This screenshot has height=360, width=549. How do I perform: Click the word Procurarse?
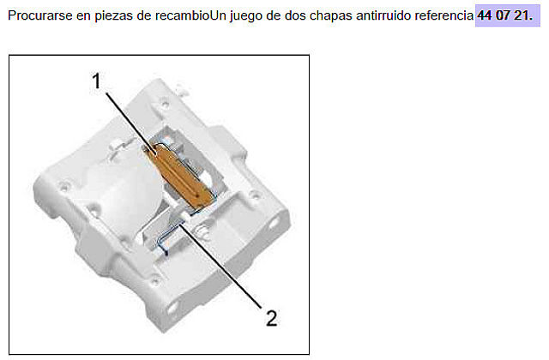(x=39, y=15)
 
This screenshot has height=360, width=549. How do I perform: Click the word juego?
(x=246, y=16)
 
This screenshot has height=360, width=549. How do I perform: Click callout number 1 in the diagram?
(x=96, y=81)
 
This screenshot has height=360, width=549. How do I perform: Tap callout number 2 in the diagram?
(x=271, y=318)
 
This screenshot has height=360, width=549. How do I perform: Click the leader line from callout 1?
(x=130, y=123)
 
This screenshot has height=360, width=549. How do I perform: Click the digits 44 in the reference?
(x=485, y=15)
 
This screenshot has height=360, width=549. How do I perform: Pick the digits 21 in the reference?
(x=522, y=15)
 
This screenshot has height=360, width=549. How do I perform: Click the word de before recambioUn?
(x=144, y=15)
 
